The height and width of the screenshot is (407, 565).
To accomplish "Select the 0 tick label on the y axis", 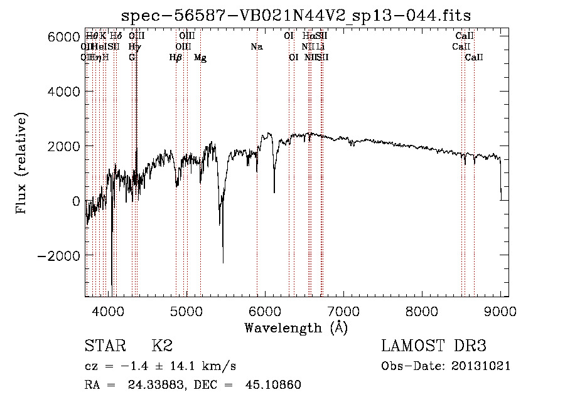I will pyautogui.click(x=75, y=201).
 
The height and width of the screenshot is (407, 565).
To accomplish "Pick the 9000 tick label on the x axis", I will pyautogui.click(x=500, y=311).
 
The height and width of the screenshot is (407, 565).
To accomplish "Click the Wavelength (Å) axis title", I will pyautogui.click(x=296, y=327).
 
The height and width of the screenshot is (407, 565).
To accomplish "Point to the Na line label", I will pyautogui.click(x=256, y=47).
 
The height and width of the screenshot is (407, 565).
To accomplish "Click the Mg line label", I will pyautogui.click(x=200, y=58).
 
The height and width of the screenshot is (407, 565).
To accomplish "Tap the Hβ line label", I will pyautogui.click(x=176, y=58).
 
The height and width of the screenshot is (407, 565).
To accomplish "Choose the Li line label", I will pyautogui.click(x=320, y=47).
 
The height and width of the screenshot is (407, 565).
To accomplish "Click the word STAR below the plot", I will pyautogui.click(x=104, y=347).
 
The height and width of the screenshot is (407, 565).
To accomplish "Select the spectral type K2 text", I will pyautogui.click(x=162, y=347).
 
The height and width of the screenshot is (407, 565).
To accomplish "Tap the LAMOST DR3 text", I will pyautogui.click(x=434, y=347).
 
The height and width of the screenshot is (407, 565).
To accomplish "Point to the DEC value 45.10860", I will pyautogui.click(x=274, y=385).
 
